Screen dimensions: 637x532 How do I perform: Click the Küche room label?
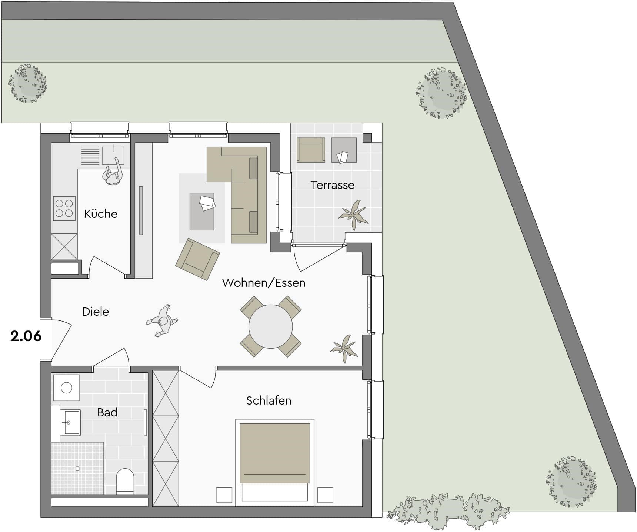coord(100,214)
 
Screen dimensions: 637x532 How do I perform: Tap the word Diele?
coord(96,312)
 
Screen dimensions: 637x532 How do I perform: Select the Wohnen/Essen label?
coord(264,283)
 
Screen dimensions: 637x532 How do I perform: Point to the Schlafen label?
coord(269,400)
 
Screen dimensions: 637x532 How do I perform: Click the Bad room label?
coord(107,412)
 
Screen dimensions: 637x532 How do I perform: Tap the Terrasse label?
coord(332,185)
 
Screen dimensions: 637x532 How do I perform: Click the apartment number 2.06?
coord(26,336)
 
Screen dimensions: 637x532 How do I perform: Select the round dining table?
coord(271,327)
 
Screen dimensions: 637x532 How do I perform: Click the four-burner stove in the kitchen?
coord(64,208)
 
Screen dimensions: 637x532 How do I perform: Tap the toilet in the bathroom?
coord(125,481)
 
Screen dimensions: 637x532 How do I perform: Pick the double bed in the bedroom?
coord(275,463)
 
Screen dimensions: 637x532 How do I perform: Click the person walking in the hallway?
coord(163,321)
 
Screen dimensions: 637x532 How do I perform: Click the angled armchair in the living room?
coord(197,259)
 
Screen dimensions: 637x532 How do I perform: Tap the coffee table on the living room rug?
coord(202,211)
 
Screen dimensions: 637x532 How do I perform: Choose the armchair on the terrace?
coord(311,150)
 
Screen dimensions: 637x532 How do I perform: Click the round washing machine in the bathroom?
coord(67,388)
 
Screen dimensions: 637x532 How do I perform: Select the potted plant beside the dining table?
coord(344,348)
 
